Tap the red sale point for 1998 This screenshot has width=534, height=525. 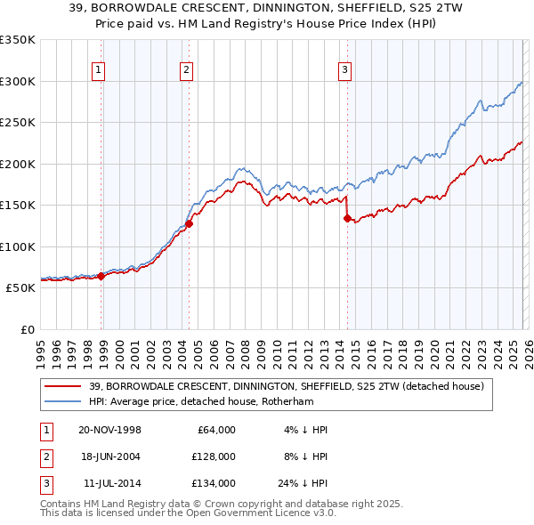click(101, 276)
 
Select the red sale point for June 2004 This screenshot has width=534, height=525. click(189, 224)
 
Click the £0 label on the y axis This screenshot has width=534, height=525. click(27, 329)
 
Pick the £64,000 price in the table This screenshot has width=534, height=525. click(214, 430)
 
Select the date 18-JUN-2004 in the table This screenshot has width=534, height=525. click(109, 456)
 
